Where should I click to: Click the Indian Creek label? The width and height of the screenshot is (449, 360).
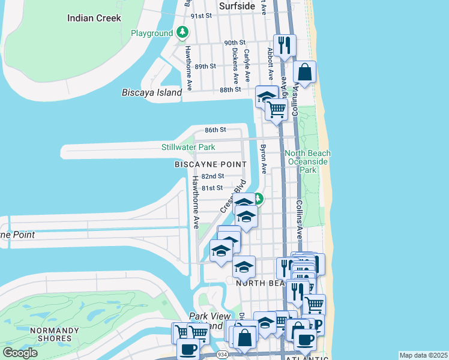[x=94, y=18]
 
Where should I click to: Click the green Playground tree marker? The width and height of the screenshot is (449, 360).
[x=182, y=33]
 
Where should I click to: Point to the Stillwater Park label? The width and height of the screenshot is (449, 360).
[x=188, y=147]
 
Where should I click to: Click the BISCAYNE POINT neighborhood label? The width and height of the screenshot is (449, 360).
[x=210, y=164]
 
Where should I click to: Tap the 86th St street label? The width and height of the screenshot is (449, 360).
[x=215, y=130]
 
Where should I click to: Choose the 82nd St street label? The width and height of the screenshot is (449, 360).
[x=212, y=176]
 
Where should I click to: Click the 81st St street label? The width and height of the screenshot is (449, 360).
[x=212, y=188]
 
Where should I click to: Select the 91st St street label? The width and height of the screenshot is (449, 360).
[x=202, y=16]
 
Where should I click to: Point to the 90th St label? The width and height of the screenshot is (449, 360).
[x=235, y=43]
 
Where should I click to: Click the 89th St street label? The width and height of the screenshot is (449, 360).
[x=205, y=66]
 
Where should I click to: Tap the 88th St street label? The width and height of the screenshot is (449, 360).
[x=230, y=89]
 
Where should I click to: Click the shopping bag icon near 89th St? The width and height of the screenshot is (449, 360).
[x=305, y=72]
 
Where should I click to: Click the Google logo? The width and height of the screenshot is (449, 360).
[x=20, y=353]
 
